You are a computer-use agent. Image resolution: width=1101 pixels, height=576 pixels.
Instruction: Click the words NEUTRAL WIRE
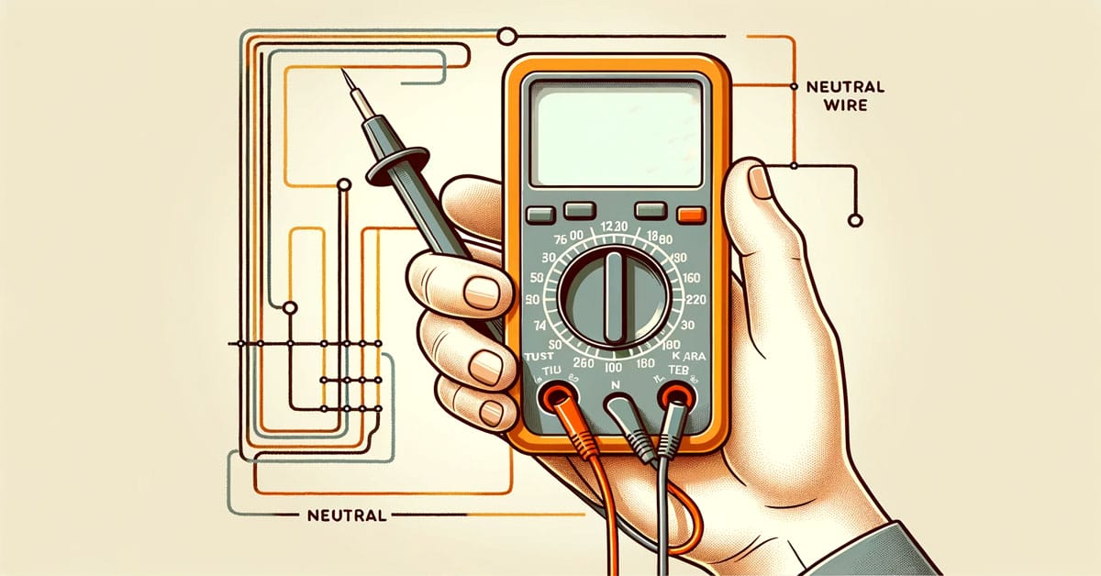coord(844,96)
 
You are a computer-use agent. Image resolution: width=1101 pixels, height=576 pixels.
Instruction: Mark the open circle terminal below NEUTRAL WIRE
coord(856,220)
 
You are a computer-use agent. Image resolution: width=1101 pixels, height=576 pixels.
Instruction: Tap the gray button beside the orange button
coord(650,211)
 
